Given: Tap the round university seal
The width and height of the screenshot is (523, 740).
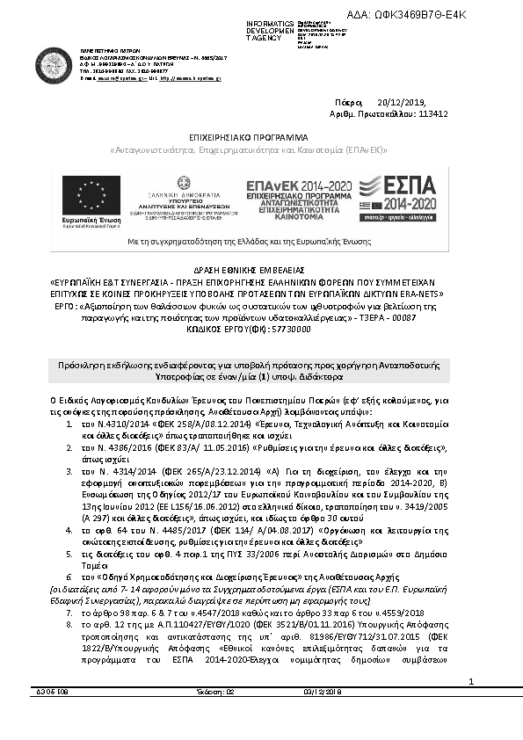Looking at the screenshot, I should click(x=54, y=63).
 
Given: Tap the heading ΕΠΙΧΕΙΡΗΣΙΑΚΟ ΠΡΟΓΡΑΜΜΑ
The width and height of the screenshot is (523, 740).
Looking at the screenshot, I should click(x=261, y=137).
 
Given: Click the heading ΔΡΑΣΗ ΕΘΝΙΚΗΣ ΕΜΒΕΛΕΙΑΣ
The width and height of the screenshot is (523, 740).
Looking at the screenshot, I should click(x=261, y=263).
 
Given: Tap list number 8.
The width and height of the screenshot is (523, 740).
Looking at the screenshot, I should click(x=72, y=622).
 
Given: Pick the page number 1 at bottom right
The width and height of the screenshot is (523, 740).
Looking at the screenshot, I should click(x=496, y=705).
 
